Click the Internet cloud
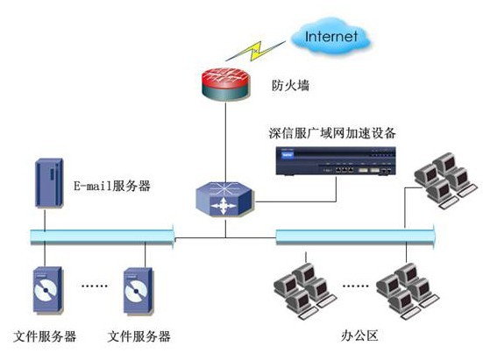pyautogui.click(x=330, y=36)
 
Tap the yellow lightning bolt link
pyautogui.click(x=255, y=50)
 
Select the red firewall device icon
pyautogui.click(x=226, y=84)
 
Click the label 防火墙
pyautogui.click(x=290, y=85)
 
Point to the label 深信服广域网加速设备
pyautogui.click(x=332, y=133)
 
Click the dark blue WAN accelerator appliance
pyautogui.click(x=336, y=161)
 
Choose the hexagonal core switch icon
pyautogui.click(x=225, y=199)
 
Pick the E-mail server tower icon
pyautogui.click(x=49, y=183)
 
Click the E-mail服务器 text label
pyautogui.click(x=112, y=187)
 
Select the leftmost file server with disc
pyautogui.click(x=48, y=290)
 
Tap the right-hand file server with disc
pyautogui.click(x=138, y=291)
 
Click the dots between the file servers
pyautogui.click(x=95, y=286)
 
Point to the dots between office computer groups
pyautogui.click(x=356, y=286)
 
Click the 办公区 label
pyautogui.click(x=359, y=335)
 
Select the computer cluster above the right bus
pyautogui.click(x=445, y=180)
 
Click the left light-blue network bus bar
pyautogui.click(x=103, y=236)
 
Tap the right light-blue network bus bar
pyautogui.click(x=355, y=236)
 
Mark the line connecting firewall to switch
pyautogui.click(x=225, y=142)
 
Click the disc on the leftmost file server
pyautogui.click(x=46, y=290)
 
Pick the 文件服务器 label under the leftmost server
pyautogui.click(x=45, y=336)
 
